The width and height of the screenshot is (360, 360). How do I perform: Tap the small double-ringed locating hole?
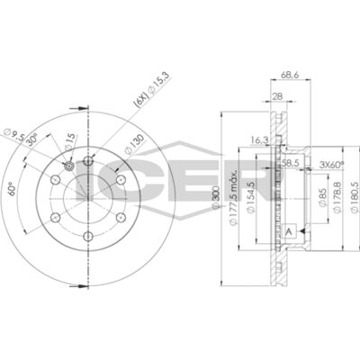70,166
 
